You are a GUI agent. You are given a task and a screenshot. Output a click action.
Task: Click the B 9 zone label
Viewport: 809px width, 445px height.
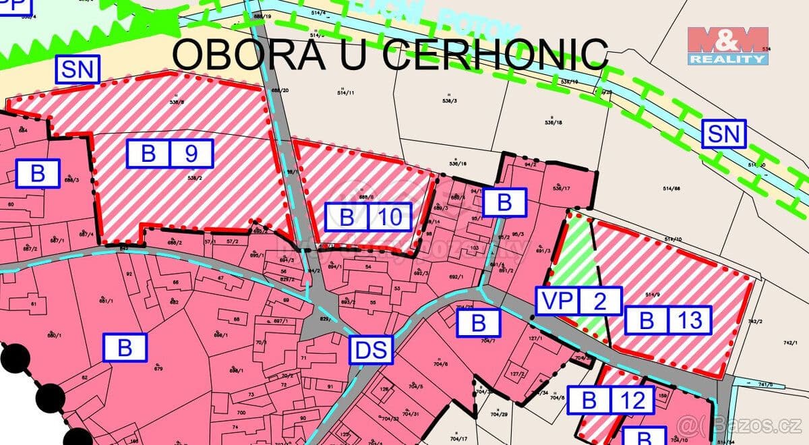[x=169, y=154]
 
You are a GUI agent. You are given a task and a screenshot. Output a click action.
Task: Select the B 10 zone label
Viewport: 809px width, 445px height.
[x=367, y=217]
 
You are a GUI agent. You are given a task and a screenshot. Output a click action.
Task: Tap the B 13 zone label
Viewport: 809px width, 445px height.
[x=667, y=320]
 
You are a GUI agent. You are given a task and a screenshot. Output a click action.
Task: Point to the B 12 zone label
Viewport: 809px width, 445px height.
[x=611, y=400]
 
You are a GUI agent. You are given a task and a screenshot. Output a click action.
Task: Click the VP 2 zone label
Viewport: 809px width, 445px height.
[x=578, y=301]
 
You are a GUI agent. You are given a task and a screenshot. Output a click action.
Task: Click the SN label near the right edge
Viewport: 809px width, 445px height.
[x=724, y=134]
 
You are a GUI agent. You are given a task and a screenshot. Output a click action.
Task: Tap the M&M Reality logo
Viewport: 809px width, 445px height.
[x=727, y=46]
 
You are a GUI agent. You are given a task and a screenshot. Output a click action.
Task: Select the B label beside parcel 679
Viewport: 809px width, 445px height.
[x=124, y=348]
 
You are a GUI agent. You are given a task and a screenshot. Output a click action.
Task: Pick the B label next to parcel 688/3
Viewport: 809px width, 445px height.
[x=38, y=173]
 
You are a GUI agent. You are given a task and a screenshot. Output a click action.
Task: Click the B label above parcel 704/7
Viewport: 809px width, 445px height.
[x=478, y=322]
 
